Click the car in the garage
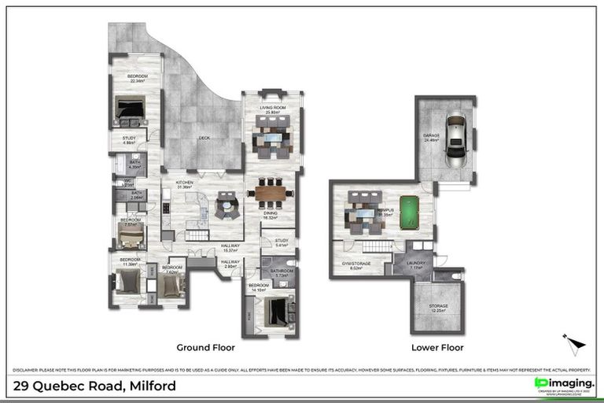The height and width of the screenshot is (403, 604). pyautogui.click(x=455, y=141)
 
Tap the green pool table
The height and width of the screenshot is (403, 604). pyautogui.click(x=410, y=211)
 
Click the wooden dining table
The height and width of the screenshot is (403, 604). pyautogui.click(x=270, y=191)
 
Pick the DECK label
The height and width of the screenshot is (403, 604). pyautogui.click(x=204, y=137)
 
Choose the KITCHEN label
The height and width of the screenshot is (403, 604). pyautogui.click(x=185, y=183)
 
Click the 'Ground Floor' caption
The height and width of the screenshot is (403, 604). pyautogui.click(x=205, y=347)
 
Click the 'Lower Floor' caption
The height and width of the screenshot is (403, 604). pyautogui.click(x=437, y=347)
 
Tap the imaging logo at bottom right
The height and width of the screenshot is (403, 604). pyautogui.click(x=563, y=383)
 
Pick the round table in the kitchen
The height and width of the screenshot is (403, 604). pyautogui.click(x=227, y=207)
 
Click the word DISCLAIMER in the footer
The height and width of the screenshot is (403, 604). pyautogui.click(x=27, y=369)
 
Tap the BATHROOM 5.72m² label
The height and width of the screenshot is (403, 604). pyautogui.click(x=282, y=273)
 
